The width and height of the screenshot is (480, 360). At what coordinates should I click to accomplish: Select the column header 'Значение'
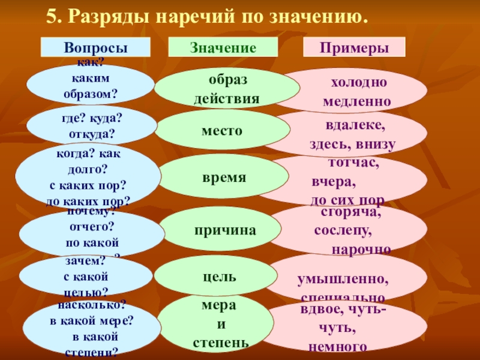point(223,47)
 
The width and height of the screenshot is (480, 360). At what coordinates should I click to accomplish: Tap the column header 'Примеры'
point(353,47)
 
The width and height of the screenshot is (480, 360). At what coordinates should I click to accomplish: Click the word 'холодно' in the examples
point(359,82)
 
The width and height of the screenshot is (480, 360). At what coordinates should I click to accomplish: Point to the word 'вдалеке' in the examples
point(356,127)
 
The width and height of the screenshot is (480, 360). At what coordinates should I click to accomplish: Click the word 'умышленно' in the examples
point(343,280)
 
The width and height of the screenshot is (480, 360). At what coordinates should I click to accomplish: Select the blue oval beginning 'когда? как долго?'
point(88,176)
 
